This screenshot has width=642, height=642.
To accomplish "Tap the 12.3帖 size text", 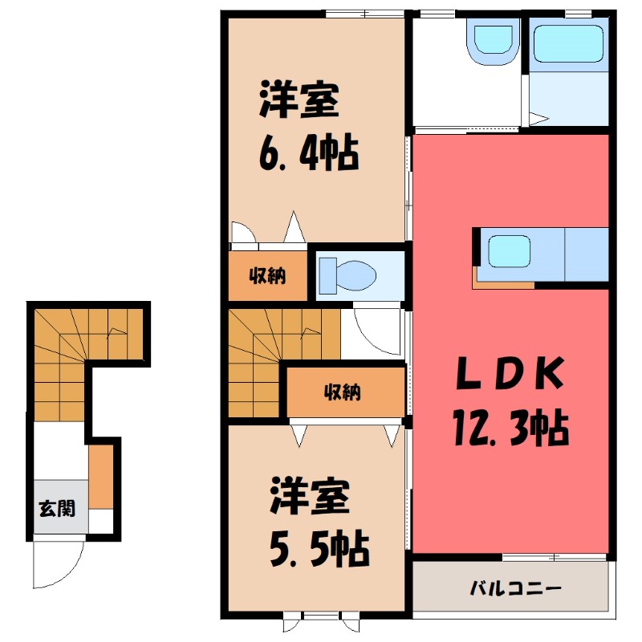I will pyautogui.click(x=510, y=429).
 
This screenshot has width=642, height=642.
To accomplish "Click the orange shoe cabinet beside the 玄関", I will pyautogui.click(x=100, y=477).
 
